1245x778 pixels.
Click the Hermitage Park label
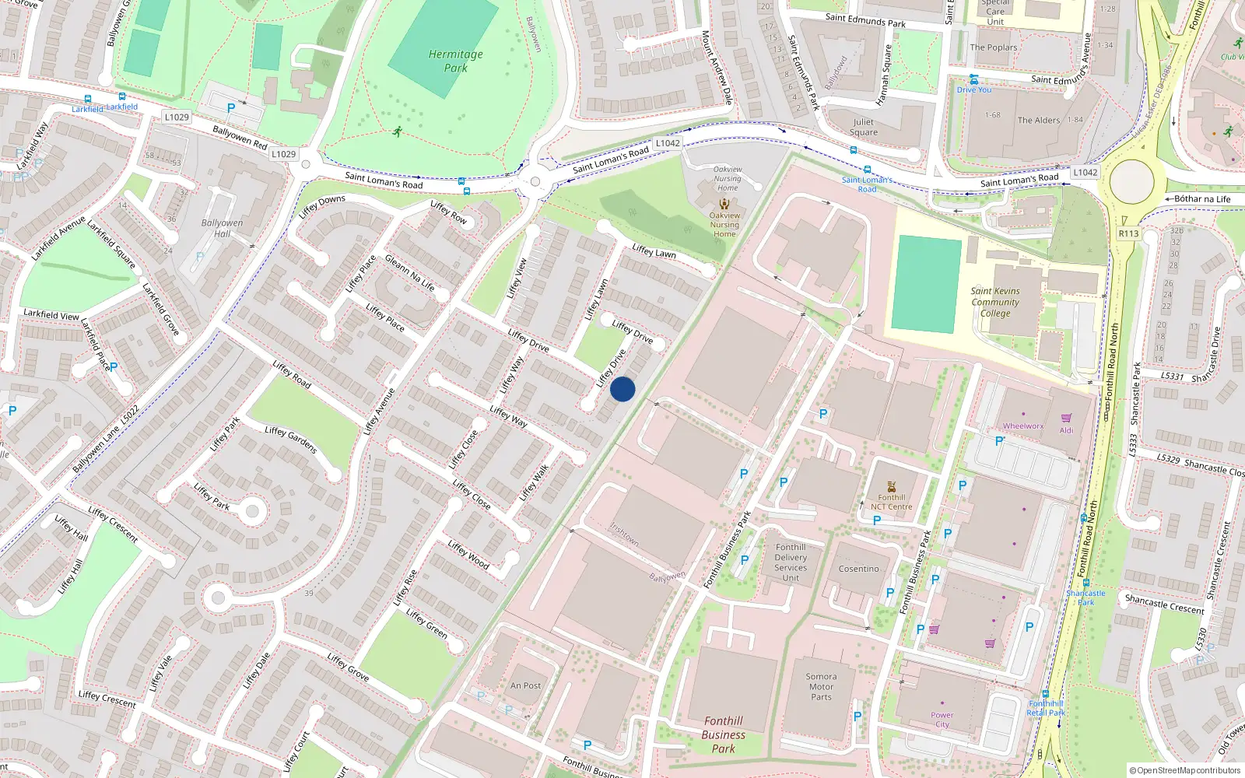click(456, 61)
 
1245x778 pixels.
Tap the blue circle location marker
click(622, 389)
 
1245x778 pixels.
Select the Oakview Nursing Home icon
click(724, 204)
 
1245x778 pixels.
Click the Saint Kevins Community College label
click(995, 302)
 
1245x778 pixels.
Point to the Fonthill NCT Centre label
click(891, 502)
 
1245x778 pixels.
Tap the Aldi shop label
click(1066, 430)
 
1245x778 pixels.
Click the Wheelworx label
click(1023, 426)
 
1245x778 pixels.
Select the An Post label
click(525, 685)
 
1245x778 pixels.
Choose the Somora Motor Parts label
click(821, 687)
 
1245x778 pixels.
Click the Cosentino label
click(858, 569)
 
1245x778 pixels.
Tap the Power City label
click(942, 720)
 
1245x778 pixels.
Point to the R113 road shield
click(1128, 233)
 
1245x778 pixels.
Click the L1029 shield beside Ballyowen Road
click(283, 154)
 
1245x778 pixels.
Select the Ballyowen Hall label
click(222, 228)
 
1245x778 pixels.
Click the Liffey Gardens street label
click(291, 440)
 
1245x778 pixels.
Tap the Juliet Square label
click(863, 127)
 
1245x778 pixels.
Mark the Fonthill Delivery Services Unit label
click(791, 562)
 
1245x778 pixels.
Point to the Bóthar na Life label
click(1202, 199)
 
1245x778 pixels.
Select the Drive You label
click(974, 89)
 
